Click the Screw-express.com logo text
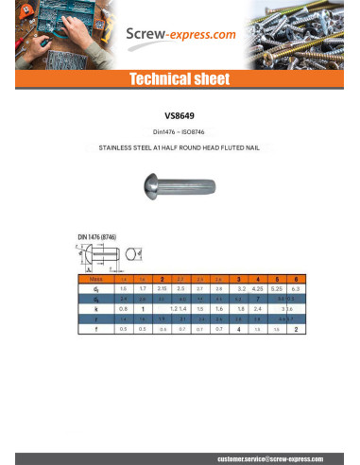pos(180,36)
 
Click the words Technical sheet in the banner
pos(180,78)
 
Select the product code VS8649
pos(180,117)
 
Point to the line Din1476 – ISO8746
pos(180,132)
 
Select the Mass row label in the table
pos(94,280)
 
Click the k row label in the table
pos(94,308)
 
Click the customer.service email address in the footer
pos(274,456)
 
